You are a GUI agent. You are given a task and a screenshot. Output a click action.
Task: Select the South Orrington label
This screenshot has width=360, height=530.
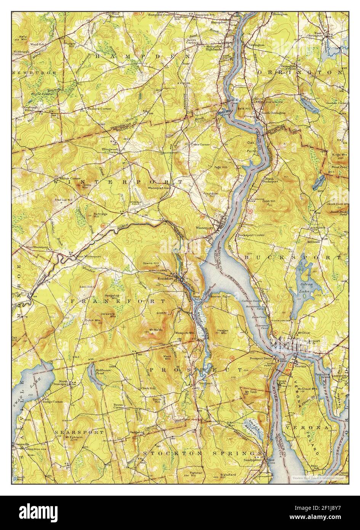click(273, 113)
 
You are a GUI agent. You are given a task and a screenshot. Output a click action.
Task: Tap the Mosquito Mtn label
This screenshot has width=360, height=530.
click(184, 333)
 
